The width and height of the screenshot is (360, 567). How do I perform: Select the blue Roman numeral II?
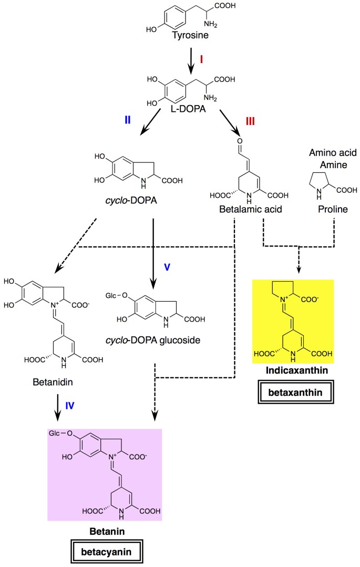click(x=127, y=120)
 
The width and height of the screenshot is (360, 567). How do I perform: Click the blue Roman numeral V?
click(x=167, y=266)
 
